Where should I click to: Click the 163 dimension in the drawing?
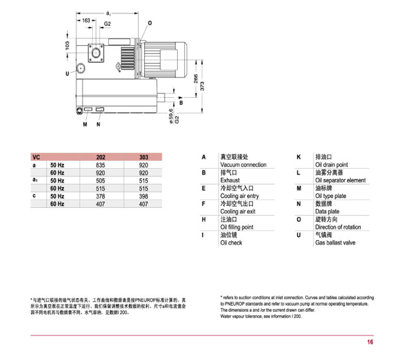(85, 21)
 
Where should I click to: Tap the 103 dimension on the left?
(68, 46)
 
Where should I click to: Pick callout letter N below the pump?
(98, 125)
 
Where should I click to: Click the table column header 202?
(101, 157)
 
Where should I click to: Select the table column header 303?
(143, 157)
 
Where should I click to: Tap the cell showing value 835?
(101, 165)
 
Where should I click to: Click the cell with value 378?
(101, 196)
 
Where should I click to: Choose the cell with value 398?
(143, 196)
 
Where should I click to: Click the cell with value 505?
(101, 181)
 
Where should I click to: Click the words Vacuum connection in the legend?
(243, 165)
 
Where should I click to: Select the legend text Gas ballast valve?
(335, 243)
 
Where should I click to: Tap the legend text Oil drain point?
(331, 165)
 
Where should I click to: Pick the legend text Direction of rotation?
(338, 227)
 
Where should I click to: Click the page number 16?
(370, 342)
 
